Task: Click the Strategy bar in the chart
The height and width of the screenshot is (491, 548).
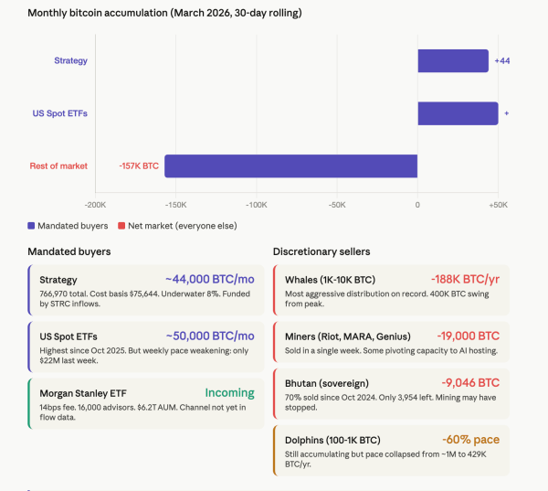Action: [x=453, y=60]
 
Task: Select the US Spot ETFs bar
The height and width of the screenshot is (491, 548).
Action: [x=458, y=113]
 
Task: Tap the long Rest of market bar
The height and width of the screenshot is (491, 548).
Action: [x=290, y=165]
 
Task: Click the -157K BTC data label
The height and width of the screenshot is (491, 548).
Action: [x=139, y=165]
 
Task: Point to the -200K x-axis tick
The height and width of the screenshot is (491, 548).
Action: [x=95, y=205]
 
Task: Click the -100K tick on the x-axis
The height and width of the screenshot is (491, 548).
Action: [x=257, y=205]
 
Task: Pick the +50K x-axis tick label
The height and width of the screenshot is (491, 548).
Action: [x=498, y=205]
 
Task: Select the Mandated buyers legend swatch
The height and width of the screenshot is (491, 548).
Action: [x=32, y=225]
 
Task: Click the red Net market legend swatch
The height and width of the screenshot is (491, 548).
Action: [x=119, y=225]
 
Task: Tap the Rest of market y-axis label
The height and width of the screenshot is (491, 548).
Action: [x=58, y=165]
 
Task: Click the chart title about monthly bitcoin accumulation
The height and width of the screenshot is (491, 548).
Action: [x=164, y=14]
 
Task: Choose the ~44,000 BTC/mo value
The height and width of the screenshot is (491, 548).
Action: [x=209, y=279]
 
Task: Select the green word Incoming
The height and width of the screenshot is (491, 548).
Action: [x=229, y=392]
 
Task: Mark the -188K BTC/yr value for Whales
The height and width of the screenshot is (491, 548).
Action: [x=465, y=279]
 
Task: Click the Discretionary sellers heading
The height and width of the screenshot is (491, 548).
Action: [x=321, y=251]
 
